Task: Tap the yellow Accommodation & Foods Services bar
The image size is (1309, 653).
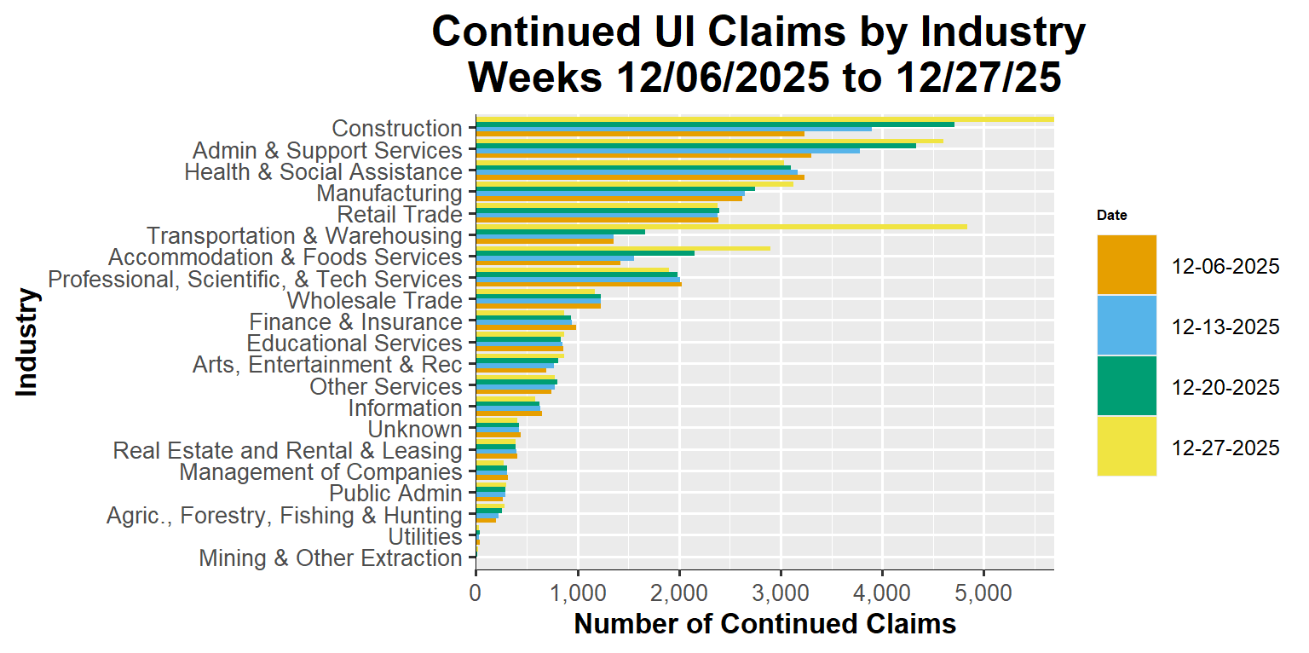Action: point(622,248)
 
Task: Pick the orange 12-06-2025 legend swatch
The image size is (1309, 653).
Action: point(1126,265)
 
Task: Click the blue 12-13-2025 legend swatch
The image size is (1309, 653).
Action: point(1126,325)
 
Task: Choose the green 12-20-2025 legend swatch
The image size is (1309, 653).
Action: point(1126,385)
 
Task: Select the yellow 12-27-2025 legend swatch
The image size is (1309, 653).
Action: point(1126,446)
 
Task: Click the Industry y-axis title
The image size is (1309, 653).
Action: point(27,342)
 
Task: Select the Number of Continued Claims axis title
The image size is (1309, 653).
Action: point(764,624)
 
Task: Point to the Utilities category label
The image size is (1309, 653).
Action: point(424,537)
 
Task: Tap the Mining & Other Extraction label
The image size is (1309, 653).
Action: point(330,558)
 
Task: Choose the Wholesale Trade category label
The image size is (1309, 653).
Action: point(374,301)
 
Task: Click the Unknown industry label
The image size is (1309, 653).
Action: point(414,430)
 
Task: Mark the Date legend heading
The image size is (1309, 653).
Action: point(1111,216)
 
